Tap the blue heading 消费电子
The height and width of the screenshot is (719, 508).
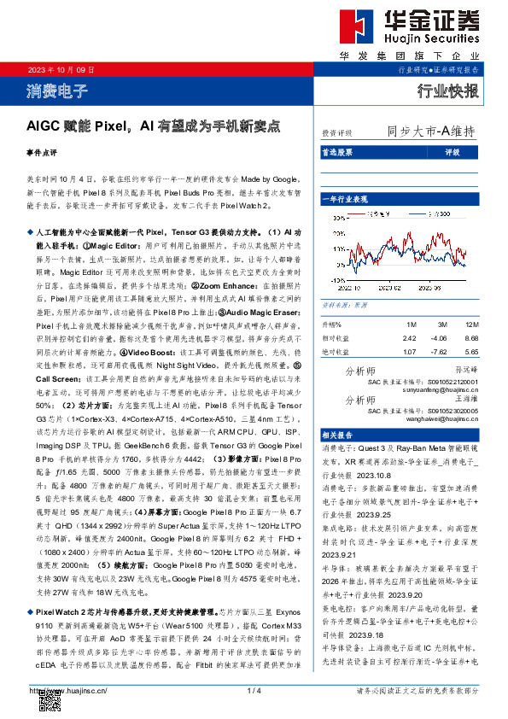52,90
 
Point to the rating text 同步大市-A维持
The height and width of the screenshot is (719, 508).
431,132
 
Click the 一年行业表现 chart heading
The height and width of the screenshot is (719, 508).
343,198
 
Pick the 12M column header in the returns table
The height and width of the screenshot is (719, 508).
472,325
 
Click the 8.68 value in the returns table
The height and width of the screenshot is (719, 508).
472,338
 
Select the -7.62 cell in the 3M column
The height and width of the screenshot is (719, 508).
441,351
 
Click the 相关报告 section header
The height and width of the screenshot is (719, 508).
337,434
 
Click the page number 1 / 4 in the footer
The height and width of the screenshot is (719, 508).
254,689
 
